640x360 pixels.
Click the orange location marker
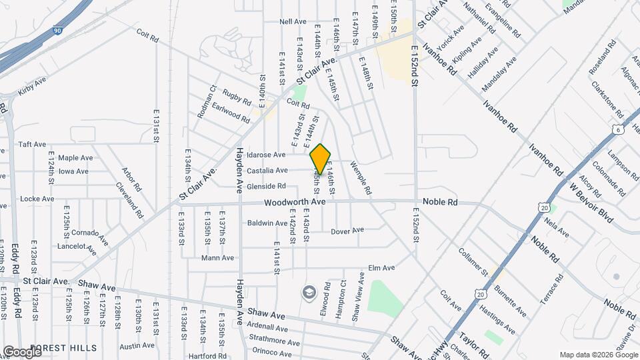point(321,160)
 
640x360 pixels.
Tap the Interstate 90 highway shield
point(58,31)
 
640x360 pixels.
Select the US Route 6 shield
point(619,131)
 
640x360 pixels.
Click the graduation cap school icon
point(309,292)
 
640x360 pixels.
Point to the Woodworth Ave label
point(294,201)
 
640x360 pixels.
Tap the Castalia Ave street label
point(267,171)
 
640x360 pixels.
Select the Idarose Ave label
point(266,155)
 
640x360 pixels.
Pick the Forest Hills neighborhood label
point(64,348)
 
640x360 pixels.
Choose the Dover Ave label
point(348,231)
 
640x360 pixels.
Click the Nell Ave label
point(293,22)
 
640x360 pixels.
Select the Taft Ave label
point(32,144)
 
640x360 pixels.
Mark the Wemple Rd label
point(361,179)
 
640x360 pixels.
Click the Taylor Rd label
point(475,347)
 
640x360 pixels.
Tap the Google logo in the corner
point(22,351)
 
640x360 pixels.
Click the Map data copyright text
point(597,355)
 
